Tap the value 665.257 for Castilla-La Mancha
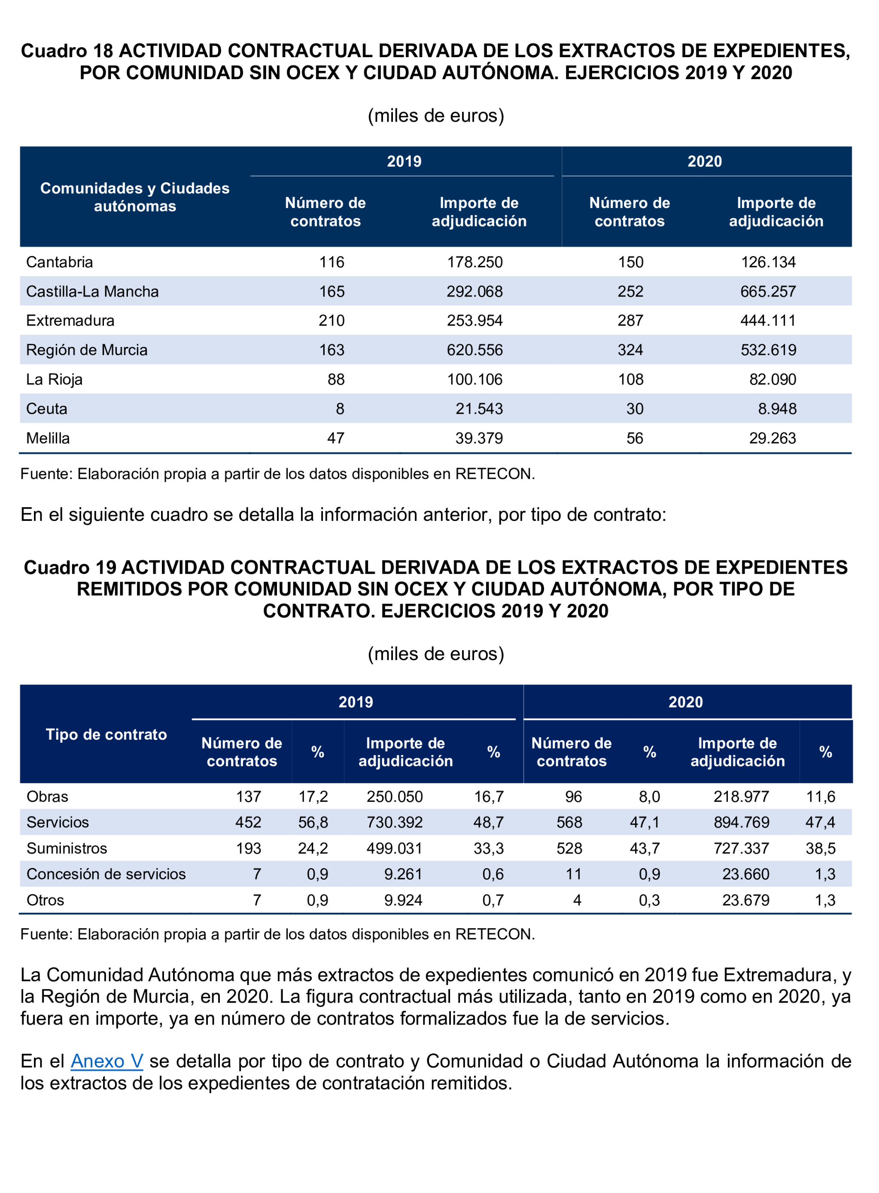(x=768, y=291)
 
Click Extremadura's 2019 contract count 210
(x=332, y=321)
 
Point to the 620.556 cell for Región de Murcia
(x=474, y=350)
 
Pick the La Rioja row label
(x=54, y=379)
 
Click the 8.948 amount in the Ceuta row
(x=777, y=408)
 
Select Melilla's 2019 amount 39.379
(x=479, y=438)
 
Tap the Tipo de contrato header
(x=106, y=734)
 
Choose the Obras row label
(x=47, y=796)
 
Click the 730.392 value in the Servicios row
(x=394, y=822)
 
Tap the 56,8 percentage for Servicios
(x=313, y=822)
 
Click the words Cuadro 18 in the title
(x=67, y=51)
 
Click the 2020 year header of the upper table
(x=705, y=161)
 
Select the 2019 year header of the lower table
(x=356, y=702)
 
